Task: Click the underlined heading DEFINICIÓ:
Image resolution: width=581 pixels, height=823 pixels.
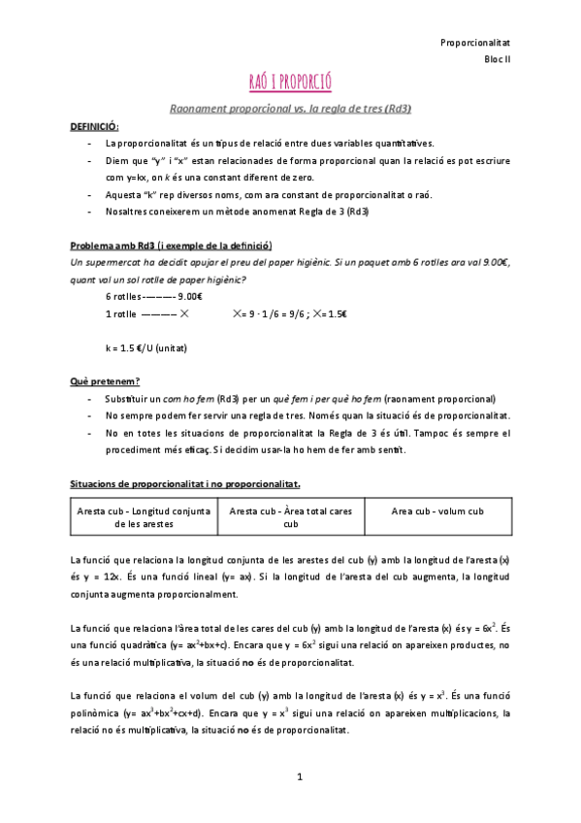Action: pyautogui.click(x=94, y=126)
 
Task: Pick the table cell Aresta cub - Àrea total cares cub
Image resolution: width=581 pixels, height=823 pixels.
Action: pyautogui.click(x=290, y=516)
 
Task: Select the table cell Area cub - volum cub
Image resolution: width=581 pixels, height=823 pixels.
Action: pyautogui.click(x=436, y=510)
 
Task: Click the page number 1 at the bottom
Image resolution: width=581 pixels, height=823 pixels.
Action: pyautogui.click(x=301, y=776)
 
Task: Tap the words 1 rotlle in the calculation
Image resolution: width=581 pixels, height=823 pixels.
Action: pyautogui.click(x=121, y=313)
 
